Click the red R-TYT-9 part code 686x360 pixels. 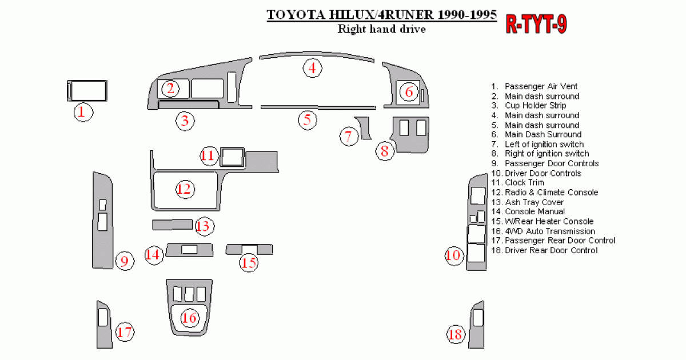point(537,25)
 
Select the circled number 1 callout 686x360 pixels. point(82,112)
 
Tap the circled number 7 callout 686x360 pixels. point(348,137)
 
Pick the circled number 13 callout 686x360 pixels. point(203,226)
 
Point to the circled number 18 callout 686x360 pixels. point(456,334)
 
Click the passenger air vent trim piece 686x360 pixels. point(87,91)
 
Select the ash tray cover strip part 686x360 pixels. point(172,224)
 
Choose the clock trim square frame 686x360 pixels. point(232,157)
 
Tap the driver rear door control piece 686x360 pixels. point(476,324)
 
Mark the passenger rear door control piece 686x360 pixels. point(103,324)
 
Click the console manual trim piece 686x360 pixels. point(189,250)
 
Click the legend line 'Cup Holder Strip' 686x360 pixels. point(535,106)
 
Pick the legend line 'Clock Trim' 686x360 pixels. point(524,183)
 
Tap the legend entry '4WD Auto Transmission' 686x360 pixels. point(549,231)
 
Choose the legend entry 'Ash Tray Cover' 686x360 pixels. point(534,202)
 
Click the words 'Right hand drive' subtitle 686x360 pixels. point(381,29)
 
